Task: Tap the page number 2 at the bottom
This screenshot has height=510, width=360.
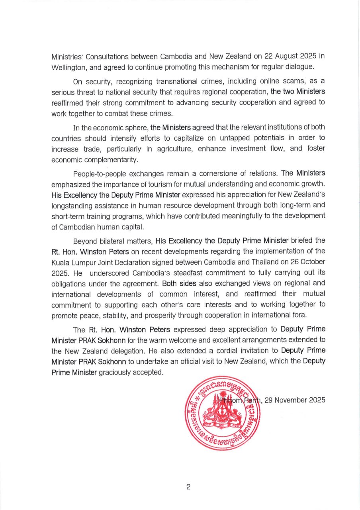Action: click(188, 487)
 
